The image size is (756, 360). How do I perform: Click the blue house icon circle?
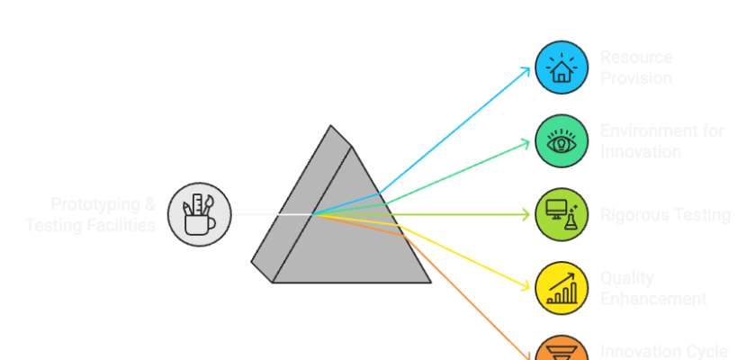pyautogui.click(x=562, y=67)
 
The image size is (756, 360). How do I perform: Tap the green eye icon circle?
pyautogui.click(x=562, y=140)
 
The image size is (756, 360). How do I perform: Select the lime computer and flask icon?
pyautogui.click(x=562, y=214)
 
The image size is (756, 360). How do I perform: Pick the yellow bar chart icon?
pyautogui.click(x=562, y=288)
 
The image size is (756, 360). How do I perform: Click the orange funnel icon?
pyautogui.click(x=562, y=351)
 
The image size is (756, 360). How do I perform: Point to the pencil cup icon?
pyautogui.click(x=199, y=214)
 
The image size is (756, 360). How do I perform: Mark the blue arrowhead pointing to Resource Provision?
pyautogui.click(x=527, y=69)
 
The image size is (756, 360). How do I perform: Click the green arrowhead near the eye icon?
pyautogui.click(x=526, y=141)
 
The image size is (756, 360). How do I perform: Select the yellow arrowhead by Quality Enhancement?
pyautogui.click(x=526, y=288)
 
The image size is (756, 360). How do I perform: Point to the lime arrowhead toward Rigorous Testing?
pyautogui.click(x=527, y=214)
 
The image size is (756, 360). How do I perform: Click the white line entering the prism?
pyautogui.click(x=270, y=214)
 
